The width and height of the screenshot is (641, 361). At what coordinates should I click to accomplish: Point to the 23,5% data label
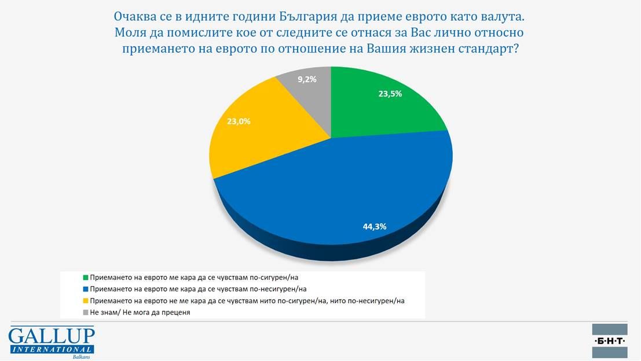(390, 93)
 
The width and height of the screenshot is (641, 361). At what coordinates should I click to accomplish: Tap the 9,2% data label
(307, 79)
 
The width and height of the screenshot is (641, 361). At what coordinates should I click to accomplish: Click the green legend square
(86, 278)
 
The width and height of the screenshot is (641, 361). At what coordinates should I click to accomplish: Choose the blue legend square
(86, 289)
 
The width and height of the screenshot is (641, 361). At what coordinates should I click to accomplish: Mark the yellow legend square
(86, 301)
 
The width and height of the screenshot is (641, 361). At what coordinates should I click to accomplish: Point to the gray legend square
(86, 312)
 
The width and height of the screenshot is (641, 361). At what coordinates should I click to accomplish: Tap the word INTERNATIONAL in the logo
(51, 349)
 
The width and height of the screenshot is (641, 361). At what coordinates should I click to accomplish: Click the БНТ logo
(610, 341)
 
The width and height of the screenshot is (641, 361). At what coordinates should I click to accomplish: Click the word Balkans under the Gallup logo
(82, 356)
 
